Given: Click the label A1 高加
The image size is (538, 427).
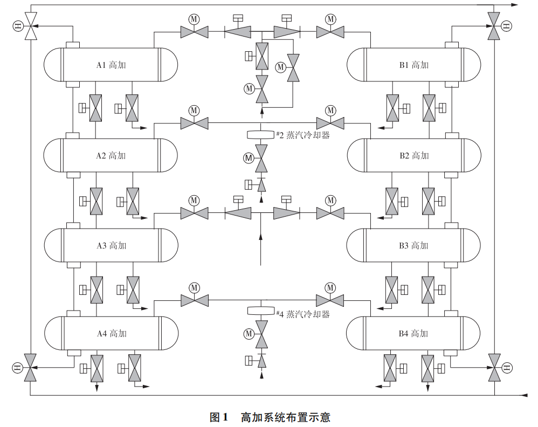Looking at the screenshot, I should [111, 65].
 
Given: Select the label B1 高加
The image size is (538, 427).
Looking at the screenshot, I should [413, 65].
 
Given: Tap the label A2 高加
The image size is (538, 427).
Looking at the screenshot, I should [111, 156].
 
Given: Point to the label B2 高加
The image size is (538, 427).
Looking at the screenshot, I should [413, 156].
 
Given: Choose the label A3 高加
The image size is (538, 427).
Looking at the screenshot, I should [111, 246].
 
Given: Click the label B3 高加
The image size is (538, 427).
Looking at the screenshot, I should [413, 246].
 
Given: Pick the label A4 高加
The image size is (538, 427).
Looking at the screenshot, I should [111, 334].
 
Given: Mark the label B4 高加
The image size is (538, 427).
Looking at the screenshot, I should [413, 334].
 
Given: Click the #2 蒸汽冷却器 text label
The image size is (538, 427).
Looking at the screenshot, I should [302, 135].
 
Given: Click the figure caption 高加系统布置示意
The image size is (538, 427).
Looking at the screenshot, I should [285, 417].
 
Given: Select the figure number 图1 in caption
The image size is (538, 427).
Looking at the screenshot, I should [219, 417].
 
